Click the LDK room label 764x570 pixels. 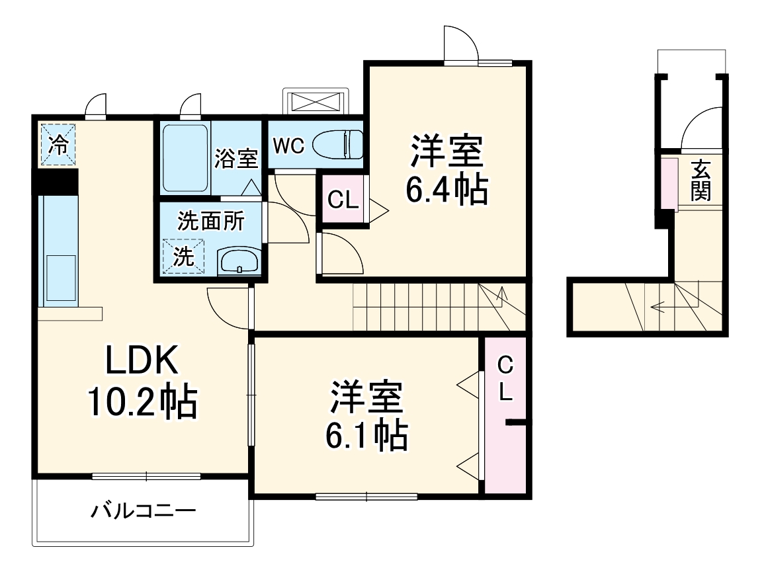pyautogui.click(x=141, y=362)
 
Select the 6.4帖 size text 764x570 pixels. pyautogui.click(x=446, y=190)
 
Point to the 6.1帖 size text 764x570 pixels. pyautogui.click(x=365, y=434)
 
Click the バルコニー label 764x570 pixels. pyautogui.click(x=144, y=510)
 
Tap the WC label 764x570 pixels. pyautogui.click(x=288, y=146)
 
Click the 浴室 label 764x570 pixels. pyautogui.click(x=236, y=159)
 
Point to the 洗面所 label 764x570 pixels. pyautogui.click(x=210, y=221)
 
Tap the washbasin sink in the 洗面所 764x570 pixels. pyautogui.click(x=239, y=261)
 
